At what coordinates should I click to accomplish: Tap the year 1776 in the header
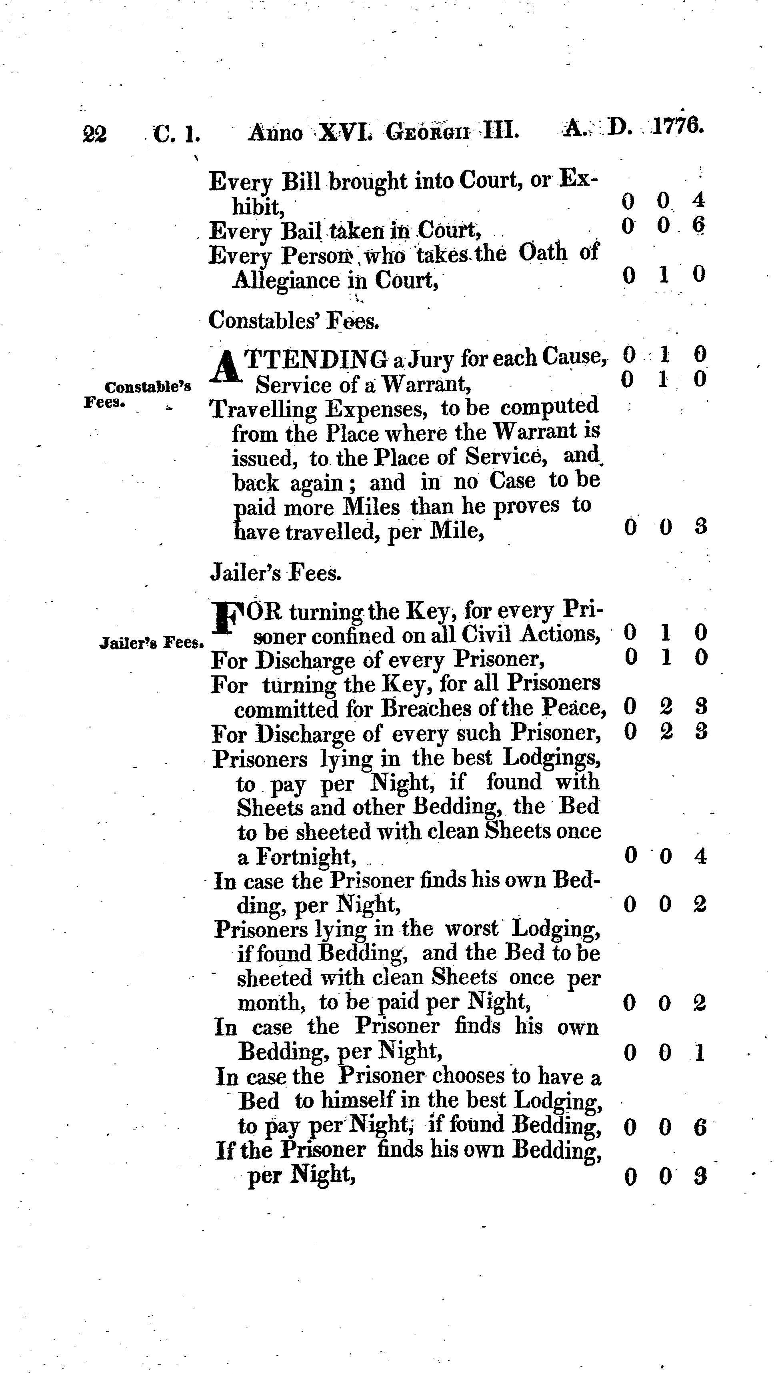coord(678,128)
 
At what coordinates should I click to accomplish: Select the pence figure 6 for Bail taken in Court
coord(698,226)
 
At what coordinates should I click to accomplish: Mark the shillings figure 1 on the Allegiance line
coord(664,275)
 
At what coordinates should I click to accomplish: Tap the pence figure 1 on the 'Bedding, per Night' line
coord(700,1053)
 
